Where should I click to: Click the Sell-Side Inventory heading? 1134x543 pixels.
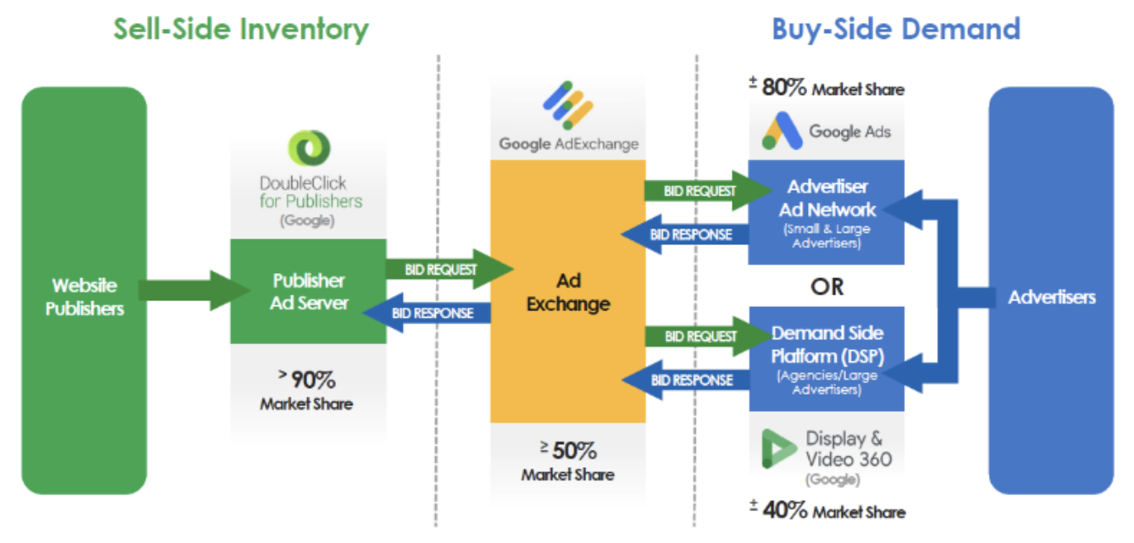(241, 30)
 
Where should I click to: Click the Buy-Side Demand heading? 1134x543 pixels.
(896, 29)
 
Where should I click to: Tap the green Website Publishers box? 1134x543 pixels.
(84, 290)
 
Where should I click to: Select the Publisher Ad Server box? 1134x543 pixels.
(309, 291)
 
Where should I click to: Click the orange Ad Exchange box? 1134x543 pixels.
(568, 291)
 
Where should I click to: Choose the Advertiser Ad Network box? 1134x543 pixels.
(826, 213)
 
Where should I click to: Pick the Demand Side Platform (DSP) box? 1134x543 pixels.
(827, 359)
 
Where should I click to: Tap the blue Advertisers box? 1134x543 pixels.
(1051, 290)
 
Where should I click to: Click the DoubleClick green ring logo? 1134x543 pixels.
(309, 148)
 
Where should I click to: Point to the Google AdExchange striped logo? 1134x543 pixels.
(568, 105)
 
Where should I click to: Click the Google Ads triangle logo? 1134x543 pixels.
(782, 130)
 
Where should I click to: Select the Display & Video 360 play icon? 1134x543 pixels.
(778, 448)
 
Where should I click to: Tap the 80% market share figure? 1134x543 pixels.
(784, 87)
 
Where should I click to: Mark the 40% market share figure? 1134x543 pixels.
(785, 510)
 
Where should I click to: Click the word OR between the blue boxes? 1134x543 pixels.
(827, 287)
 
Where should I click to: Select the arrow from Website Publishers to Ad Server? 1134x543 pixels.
(195, 290)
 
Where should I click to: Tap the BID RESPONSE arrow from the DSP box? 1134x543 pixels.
(686, 380)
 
